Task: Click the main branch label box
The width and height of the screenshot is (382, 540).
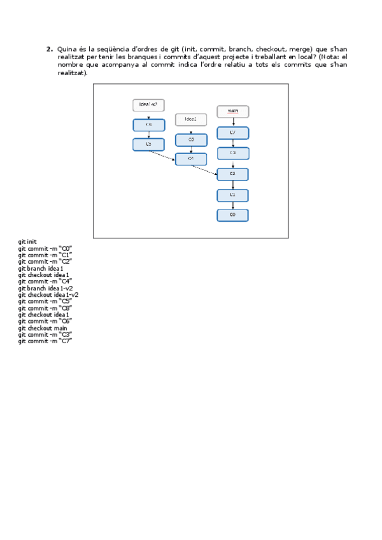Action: tap(232, 112)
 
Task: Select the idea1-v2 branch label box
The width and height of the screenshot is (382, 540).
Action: tap(148, 105)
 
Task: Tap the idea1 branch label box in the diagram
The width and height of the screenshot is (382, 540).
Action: tap(191, 119)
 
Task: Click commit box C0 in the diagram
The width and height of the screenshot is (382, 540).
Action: tap(232, 215)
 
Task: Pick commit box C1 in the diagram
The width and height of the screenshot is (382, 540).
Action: tap(232, 195)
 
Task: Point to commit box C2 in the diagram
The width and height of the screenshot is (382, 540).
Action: tap(232, 174)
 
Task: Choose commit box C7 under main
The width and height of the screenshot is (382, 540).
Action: tap(232, 133)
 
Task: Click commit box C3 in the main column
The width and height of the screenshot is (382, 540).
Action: tap(232, 153)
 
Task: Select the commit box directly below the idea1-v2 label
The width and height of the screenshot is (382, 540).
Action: tap(148, 125)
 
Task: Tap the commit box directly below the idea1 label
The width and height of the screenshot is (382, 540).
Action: tap(191, 139)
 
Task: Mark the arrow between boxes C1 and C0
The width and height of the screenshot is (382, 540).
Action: tap(232, 205)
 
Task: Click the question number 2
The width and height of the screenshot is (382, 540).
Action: tap(49, 49)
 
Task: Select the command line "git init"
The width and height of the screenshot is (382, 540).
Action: tap(27, 242)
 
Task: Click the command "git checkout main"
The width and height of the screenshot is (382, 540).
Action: tap(42, 328)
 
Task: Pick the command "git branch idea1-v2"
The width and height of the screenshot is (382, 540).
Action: tap(45, 288)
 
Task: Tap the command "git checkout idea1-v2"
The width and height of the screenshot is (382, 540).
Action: tap(48, 295)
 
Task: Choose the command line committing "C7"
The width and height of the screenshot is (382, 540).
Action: tap(45, 341)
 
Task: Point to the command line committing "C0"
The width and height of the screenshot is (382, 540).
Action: tap(45, 248)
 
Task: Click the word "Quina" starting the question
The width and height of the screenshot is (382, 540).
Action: tap(66, 49)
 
